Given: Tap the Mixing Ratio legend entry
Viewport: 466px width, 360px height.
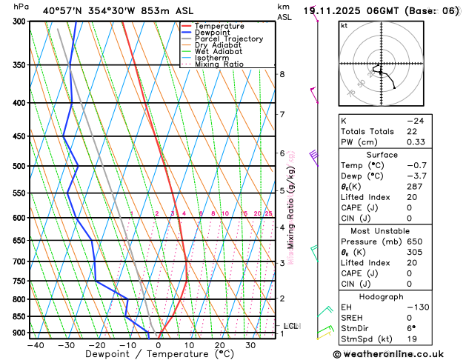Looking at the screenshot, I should [222, 64].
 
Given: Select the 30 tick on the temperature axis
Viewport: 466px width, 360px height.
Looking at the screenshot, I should [250, 345].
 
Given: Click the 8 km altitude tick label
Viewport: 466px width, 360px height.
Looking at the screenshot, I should [282, 74].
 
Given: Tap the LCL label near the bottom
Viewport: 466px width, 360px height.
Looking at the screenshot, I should [290, 326].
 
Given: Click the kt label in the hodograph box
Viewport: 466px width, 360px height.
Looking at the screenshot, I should [344, 26].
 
